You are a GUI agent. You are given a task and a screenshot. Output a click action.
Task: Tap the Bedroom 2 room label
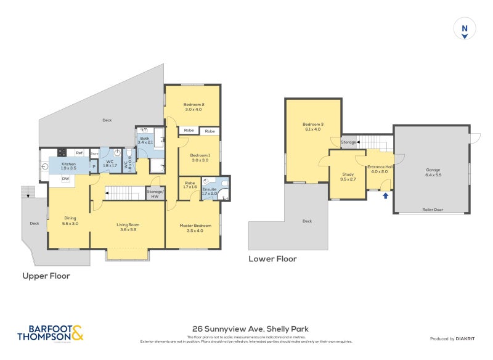tap(194, 107)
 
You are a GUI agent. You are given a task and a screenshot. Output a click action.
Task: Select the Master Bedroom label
tap(195, 228)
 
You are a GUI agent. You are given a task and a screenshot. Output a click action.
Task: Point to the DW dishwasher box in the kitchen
tap(65, 179)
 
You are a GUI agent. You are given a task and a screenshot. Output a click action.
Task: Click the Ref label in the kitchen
tap(79, 153)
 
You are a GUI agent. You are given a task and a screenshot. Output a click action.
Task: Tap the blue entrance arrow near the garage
tap(386, 196)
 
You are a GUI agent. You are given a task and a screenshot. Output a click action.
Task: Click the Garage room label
tap(433, 172)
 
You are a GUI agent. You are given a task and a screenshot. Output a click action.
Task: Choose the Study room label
tap(348, 178)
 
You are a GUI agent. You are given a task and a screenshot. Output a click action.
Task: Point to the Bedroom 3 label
tap(314, 126)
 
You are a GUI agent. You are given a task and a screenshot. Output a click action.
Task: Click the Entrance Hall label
tap(378, 169)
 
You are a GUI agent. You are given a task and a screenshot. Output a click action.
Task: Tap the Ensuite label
tap(210, 191)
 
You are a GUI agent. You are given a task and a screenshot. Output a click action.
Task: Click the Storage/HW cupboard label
tap(155, 194)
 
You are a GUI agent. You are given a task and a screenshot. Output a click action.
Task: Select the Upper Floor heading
tap(46, 276)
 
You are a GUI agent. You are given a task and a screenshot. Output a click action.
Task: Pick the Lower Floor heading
tap(272, 259)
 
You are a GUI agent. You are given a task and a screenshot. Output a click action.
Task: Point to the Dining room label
tap(70, 220)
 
